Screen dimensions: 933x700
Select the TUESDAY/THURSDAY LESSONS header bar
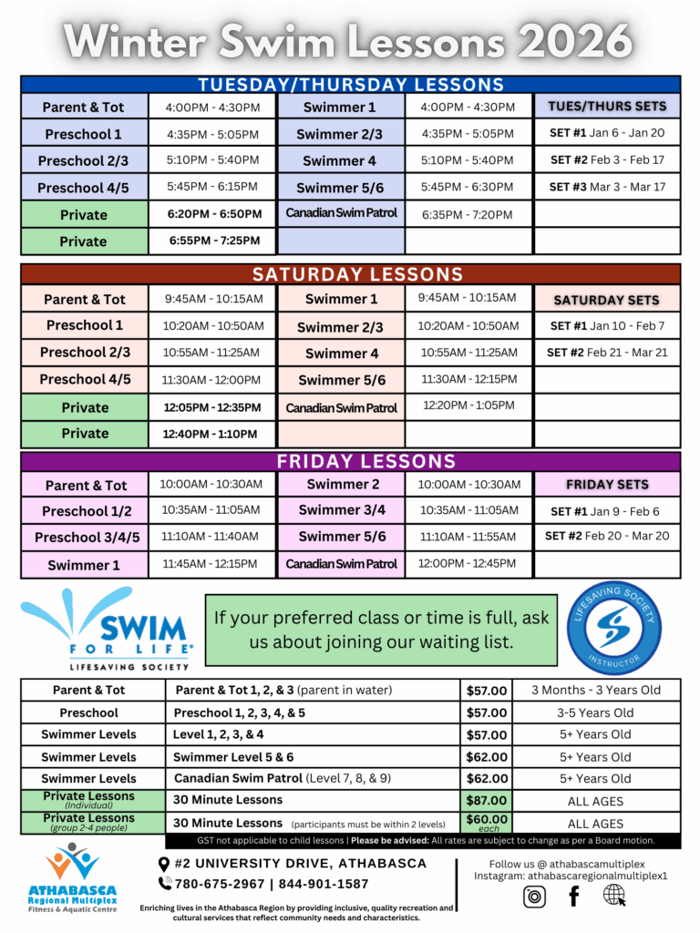(x=351, y=85)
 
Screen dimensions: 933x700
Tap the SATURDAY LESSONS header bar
(x=351, y=274)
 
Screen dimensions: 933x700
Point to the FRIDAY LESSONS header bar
(x=351, y=461)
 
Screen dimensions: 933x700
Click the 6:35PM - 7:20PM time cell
(x=468, y=215)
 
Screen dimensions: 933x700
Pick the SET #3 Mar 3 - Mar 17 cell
(x=607, y=187)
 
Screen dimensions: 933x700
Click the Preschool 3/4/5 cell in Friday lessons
(x=87, y=538)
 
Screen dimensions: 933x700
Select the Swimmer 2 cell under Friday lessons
(x=342, y=484)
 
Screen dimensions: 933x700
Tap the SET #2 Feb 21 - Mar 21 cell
(x=607, y=353)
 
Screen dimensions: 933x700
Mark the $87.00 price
(x=486, y=801)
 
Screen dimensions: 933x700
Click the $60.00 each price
(x=486, y=823)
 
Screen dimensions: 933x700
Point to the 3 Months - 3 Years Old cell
(x=595, y=690)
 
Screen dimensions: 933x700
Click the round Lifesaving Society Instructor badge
(x=613, y=627)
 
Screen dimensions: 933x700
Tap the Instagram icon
(x=534, y=897)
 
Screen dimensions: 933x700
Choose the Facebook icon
(x=574, y=897)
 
